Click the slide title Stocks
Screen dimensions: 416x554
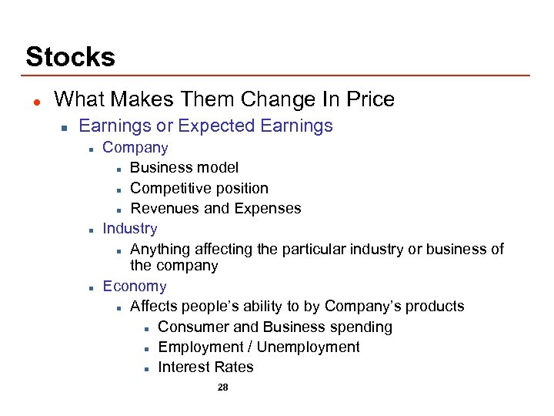tap(70, 56)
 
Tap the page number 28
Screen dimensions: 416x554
tap(223, 387)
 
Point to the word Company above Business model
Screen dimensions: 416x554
tap(135, 147)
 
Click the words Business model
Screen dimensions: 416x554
tap(185, 167)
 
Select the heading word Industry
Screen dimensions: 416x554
tap(130, 228)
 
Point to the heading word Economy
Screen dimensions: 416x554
tap(135, 286)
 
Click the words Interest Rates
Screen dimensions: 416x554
tap(205, 367)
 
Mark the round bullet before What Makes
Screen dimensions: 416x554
tap(35, 100)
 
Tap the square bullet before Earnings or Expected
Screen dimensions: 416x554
tap(65, 126)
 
